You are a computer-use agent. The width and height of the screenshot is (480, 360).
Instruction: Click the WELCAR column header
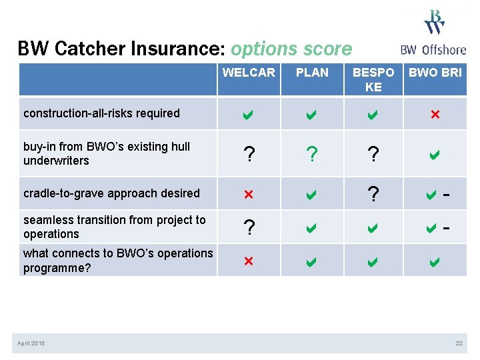click(249, 73)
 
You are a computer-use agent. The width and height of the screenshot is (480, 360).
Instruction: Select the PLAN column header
click(312, 73)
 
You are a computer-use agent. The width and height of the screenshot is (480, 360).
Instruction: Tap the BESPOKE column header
click(373, 79)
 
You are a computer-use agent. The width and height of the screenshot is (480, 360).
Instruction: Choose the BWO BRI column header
click(435, 73)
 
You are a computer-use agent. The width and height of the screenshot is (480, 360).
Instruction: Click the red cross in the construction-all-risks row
click(435, 114)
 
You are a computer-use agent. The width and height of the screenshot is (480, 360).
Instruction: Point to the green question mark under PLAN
click(312, 155)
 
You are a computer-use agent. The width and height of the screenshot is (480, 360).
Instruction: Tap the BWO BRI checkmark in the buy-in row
click(435, 155)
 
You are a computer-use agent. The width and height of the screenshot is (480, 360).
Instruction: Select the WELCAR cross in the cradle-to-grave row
click(249, 194)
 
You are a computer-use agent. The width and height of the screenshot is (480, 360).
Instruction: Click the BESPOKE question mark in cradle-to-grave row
click(373, 194)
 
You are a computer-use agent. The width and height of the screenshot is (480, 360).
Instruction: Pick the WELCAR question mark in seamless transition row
click(249, 227)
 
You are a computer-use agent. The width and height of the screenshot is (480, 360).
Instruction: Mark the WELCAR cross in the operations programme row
click(249, 261)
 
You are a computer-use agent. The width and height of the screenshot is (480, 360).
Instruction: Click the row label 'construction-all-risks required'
click(101, 113)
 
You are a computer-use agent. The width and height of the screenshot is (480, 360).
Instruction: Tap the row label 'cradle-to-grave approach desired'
click(111, 193)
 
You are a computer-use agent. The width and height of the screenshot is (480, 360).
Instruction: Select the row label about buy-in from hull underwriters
click(107, 153)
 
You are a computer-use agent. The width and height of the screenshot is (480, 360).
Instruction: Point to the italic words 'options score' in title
click(291, 49)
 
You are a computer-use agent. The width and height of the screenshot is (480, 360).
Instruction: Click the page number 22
click(459, 343)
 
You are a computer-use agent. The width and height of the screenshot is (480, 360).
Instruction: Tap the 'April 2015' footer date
click(31, 343)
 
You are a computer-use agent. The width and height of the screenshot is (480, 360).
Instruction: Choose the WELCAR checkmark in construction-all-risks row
click(249, 114)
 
